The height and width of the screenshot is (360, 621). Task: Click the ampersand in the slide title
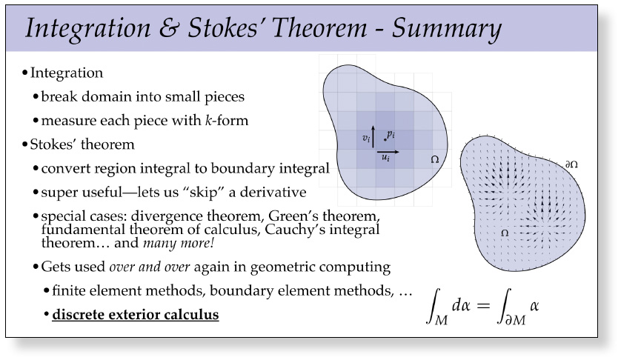169,27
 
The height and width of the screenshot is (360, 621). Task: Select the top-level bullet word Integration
67,73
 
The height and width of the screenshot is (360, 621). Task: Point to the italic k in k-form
209,120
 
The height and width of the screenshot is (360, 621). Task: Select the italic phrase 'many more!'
179,243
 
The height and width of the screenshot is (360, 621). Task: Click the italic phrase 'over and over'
150,267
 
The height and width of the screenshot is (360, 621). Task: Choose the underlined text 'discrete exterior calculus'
136,315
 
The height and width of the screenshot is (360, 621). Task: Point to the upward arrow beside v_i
373,136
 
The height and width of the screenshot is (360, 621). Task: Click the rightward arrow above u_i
388,152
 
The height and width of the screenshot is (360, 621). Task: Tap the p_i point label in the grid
391,135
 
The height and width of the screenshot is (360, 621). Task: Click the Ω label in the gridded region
435,159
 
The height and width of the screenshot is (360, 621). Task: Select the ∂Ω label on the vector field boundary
571,164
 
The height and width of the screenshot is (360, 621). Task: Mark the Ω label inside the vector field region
505,233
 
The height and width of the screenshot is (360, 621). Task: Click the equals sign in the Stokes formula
484,305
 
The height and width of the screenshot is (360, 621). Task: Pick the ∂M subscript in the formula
516,319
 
